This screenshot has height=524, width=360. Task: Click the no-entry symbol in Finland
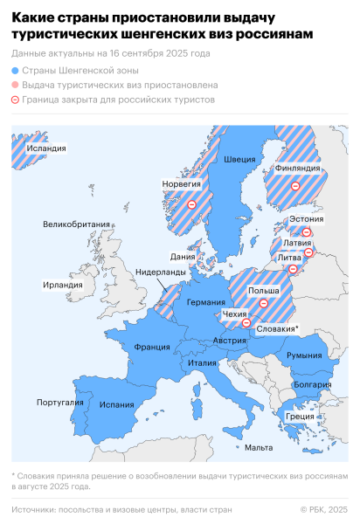[295, 186]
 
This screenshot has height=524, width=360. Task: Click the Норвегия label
[182, 184]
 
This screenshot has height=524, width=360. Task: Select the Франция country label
[151, 347]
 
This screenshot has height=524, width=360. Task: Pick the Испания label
[117, 404]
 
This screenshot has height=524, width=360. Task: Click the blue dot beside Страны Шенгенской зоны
[16, 71]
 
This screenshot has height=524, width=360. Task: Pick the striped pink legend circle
[16, 86]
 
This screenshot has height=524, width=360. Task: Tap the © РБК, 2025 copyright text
[323, 509]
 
